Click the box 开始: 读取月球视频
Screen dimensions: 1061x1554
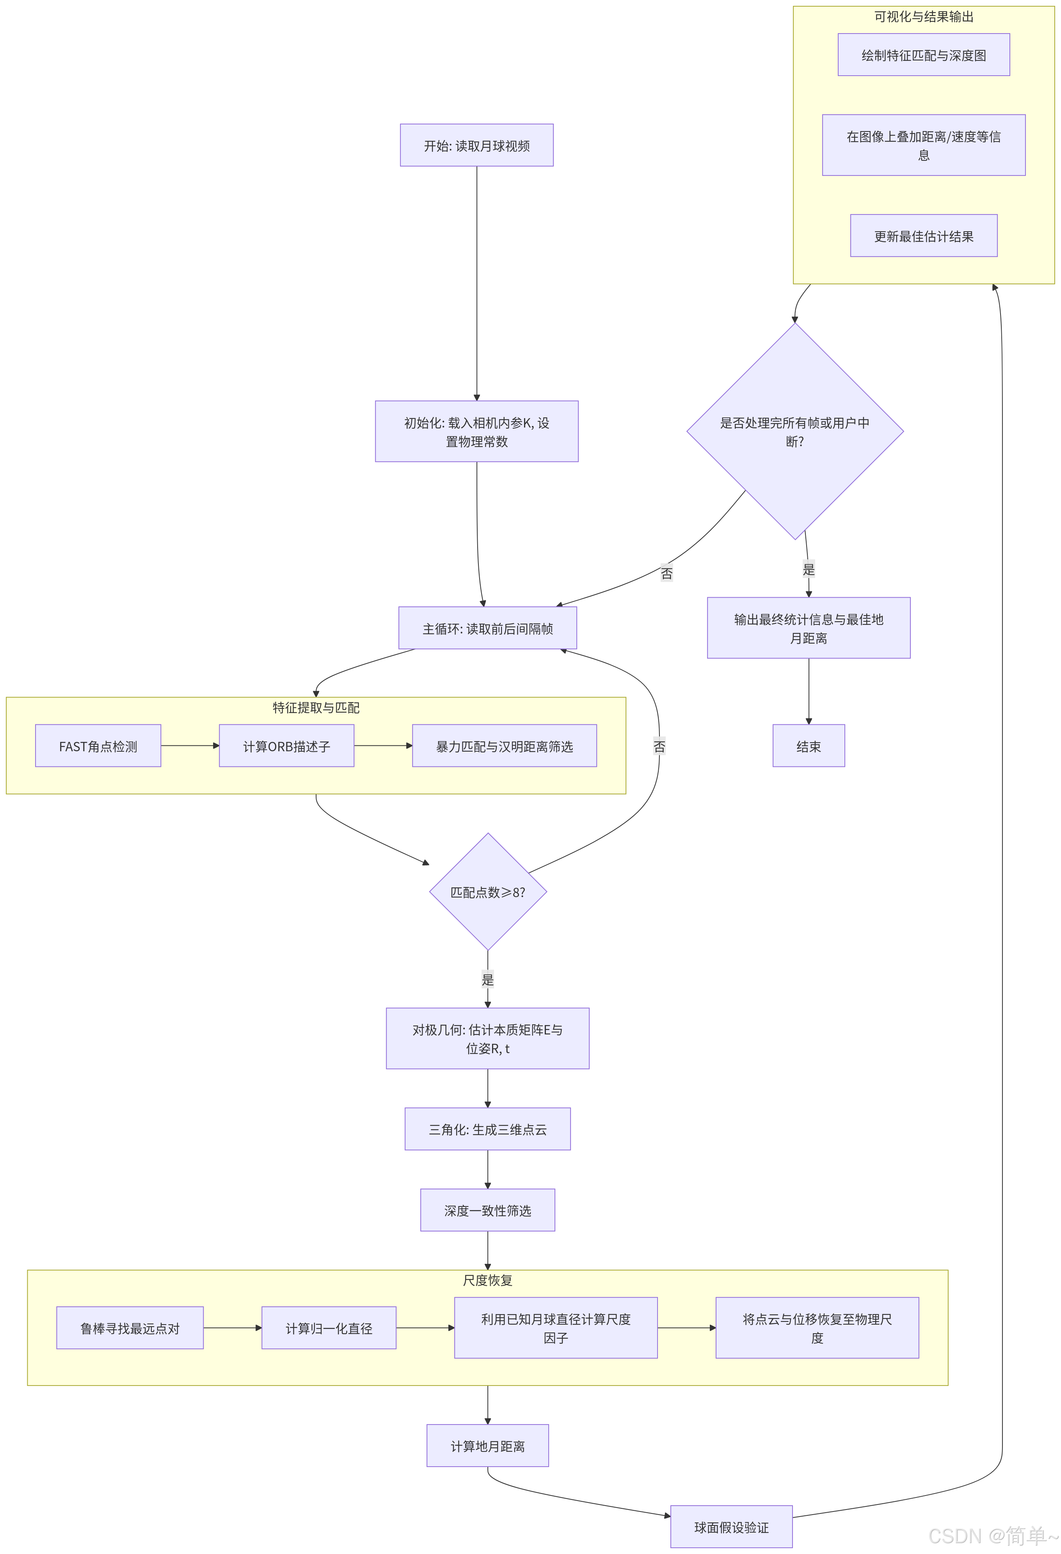click(x=476, y=145)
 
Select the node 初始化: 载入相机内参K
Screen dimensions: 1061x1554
click(x=476, y=431)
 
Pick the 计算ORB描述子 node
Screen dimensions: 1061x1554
click(x=286, y=745)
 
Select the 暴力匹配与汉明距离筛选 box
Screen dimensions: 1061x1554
click(x=505, y=745)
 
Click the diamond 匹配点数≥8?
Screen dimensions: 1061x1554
click(x=488, y=891)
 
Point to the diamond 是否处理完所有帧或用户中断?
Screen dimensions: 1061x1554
click(x=795, y=431)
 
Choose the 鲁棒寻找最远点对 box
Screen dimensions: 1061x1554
click(x=130, y=1327)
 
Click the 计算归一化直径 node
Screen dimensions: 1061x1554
click(x=329, y=1327)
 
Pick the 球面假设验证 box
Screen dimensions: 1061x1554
click(x=731, y=1527)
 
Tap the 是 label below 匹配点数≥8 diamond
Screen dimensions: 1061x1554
click(x=488, y=979)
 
